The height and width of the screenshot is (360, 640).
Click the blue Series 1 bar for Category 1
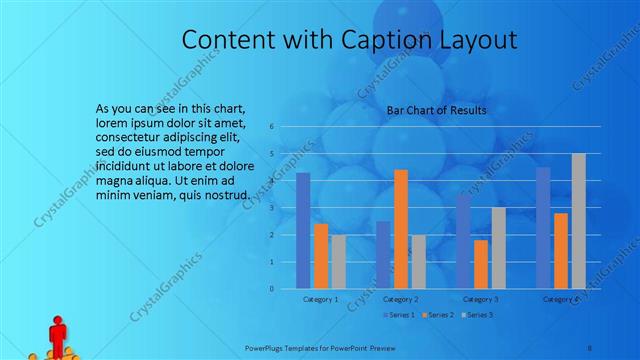point(303,231)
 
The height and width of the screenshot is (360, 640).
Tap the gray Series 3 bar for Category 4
point(578,221)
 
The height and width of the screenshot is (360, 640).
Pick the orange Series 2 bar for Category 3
point(481,264)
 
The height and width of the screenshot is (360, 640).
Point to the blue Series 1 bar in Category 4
point(543,228)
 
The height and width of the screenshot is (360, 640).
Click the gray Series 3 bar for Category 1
point(338,262)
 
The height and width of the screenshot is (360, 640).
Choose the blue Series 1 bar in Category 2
point(383,255)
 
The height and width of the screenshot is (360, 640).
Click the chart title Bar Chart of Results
point(436,110)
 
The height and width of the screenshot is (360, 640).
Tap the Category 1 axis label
point(321,299)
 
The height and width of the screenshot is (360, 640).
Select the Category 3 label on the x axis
point(481,299)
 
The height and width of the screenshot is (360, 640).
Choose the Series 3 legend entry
point(478,315)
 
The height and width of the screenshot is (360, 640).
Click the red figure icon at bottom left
point(57,334)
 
